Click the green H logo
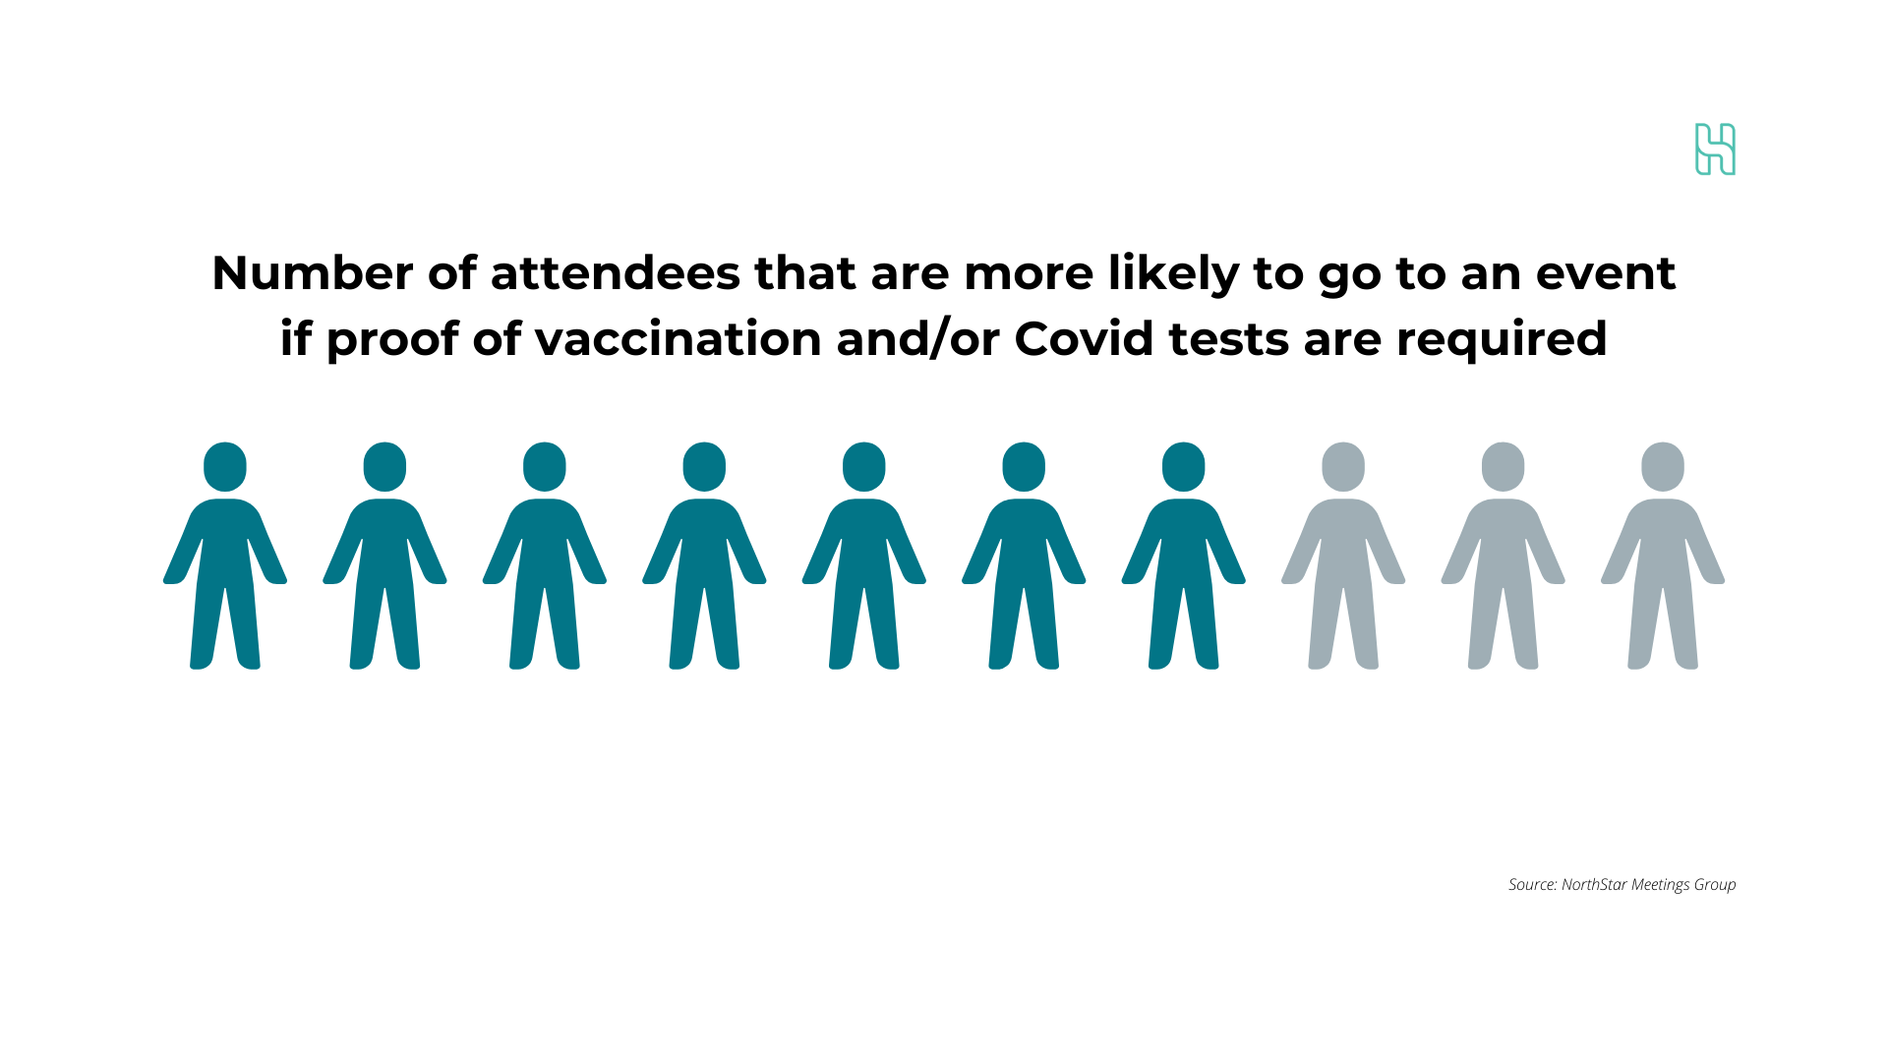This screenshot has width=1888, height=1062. click(x=1715, y=149)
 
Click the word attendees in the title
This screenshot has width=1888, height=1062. click(x=615, y=272)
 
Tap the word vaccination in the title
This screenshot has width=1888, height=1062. click(x=678, y=338)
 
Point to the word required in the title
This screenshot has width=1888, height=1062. click(x=1502, y=340)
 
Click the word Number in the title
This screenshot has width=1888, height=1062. click(x=312, y=272)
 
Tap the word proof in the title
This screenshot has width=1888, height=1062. click(x=391, y=340)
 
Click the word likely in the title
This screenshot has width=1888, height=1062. click(x=1173, y=274)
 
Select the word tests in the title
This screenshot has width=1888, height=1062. click(x=1228, y=338)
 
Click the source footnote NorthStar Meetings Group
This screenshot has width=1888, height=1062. click(x=1622, y=884)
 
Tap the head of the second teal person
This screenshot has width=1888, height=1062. click(x=384, y=466)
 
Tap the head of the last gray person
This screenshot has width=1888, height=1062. click(x=1663, y=466)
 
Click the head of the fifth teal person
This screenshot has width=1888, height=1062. click(x=864, y=466)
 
